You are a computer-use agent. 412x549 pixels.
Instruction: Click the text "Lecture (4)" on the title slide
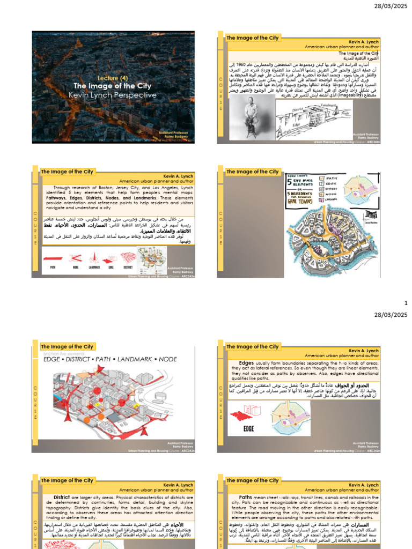(112, 78)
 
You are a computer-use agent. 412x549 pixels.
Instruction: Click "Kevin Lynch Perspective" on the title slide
(113, 95)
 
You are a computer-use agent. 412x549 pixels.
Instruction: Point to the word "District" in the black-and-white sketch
(299, 109)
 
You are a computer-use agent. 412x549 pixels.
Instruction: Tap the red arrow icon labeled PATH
(53, 257)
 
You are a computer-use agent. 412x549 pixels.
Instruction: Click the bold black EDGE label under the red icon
(248, 428)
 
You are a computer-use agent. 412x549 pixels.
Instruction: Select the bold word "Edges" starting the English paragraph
(246, 363)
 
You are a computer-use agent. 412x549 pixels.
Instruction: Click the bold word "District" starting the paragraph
(62, 497)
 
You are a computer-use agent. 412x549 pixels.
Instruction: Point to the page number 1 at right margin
(406, 303)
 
